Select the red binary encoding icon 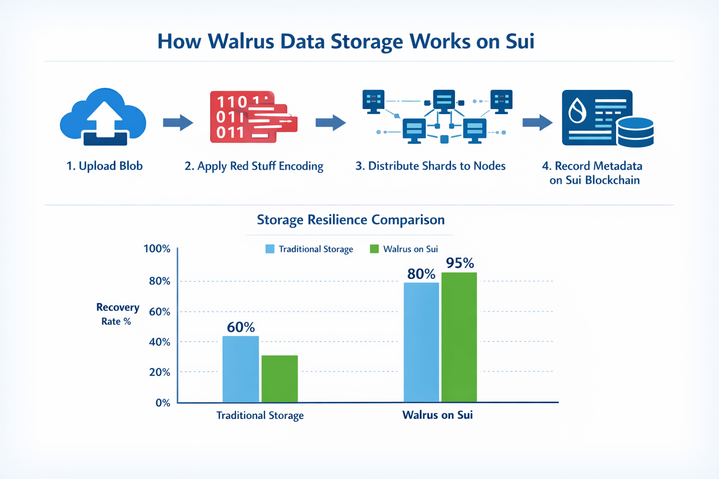[253, 117]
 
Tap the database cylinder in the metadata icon [635, 132]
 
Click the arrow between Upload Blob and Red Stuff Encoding [178, 123]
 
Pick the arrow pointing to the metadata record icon [537, 123]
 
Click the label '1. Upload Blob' [104, 166]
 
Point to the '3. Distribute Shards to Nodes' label [430, 166]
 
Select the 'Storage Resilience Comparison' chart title [351, 220]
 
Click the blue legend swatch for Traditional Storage [270, 249]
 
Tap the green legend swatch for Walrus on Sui [374, 249]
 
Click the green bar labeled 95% [459, 337]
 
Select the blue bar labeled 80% [421, 342]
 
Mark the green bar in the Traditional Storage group [279, 378]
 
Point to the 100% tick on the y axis [157, 249]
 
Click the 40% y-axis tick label [159, 342]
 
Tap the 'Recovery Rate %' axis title [117, 314]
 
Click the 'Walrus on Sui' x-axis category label [438, 415]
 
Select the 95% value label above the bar [460, 263]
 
